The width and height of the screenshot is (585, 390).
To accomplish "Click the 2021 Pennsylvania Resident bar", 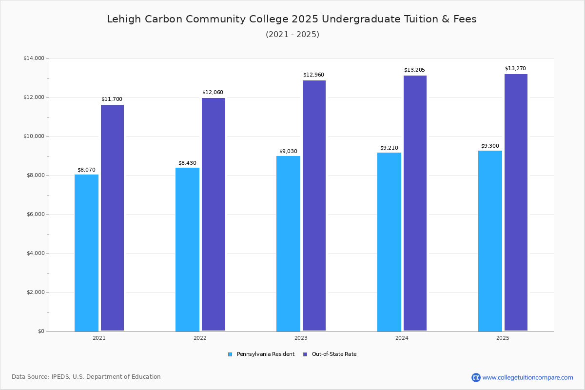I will click(86, 253).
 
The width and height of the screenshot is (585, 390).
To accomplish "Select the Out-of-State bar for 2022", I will click(213, 214).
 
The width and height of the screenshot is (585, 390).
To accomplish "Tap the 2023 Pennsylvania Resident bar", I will click(288, 244).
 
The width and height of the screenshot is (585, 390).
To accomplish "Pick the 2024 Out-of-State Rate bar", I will click(415, 203).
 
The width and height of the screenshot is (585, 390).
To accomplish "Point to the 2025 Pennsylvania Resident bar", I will click(490, 241).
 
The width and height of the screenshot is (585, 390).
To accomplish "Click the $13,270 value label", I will click(515, 69).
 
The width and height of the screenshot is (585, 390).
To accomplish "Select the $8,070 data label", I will click(86, 170).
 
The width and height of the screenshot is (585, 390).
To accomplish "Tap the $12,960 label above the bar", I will click(313, 75).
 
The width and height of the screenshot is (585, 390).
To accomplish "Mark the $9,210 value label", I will click(389, 148).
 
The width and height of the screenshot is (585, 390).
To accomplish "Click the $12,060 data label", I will click(213, 93).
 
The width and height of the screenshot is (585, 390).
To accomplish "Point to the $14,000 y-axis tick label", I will click(34, 58).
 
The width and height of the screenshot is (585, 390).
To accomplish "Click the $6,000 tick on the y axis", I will click(35, 214).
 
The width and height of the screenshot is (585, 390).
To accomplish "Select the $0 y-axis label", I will click(40, 331).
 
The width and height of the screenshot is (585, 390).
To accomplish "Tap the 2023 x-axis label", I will click(301, 338).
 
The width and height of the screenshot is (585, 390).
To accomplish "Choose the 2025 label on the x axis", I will click(503, 338).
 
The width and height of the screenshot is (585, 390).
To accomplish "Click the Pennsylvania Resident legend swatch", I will click(230, 354).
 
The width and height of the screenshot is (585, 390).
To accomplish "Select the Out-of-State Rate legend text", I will click(334, 354).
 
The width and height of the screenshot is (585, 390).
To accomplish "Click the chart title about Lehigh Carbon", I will click(292, 19).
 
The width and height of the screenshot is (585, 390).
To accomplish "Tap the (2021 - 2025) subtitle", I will click(292, 35).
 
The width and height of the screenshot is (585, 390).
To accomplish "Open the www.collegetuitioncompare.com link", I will click(527, 377).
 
